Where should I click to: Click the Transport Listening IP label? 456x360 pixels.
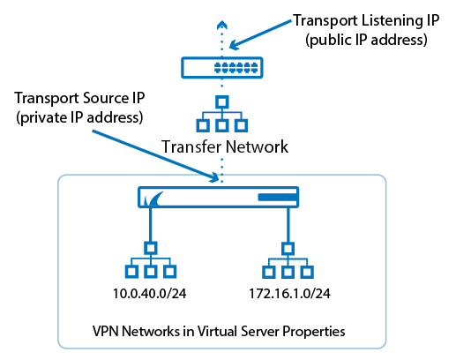(x=366, y=21)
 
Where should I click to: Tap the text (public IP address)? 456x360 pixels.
(x=366, y=40)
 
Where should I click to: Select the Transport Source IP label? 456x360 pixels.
(x=79, y=99)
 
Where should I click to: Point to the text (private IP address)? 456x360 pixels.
(x=79, y=117)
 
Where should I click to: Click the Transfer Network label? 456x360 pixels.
(x=225, y=146)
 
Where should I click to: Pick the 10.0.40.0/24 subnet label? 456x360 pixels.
(x=150, y=294)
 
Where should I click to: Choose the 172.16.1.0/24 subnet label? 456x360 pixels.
(x=289, y=294)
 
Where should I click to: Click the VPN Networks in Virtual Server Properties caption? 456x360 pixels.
(x=219, y=331)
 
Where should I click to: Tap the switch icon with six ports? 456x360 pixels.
(x=222, y=68)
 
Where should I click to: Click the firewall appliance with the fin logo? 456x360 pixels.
(x=219, y=197)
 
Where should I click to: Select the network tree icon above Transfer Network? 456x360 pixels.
(x=222, y=114)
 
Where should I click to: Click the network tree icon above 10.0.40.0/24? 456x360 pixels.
(x=151, y=260)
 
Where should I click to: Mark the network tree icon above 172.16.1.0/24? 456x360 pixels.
(x=288, y=260)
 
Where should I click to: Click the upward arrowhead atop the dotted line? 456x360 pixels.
(x=222, y=25)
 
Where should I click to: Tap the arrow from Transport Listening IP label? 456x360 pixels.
(x=260, y=34)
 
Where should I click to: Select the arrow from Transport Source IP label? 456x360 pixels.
(x=155, y=156)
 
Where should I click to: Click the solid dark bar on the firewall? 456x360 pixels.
(x=278, y=197)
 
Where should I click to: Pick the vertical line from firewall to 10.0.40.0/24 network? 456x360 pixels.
(x=151, y=225)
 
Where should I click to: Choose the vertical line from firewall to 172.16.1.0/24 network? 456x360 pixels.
(x=288, y=225)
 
